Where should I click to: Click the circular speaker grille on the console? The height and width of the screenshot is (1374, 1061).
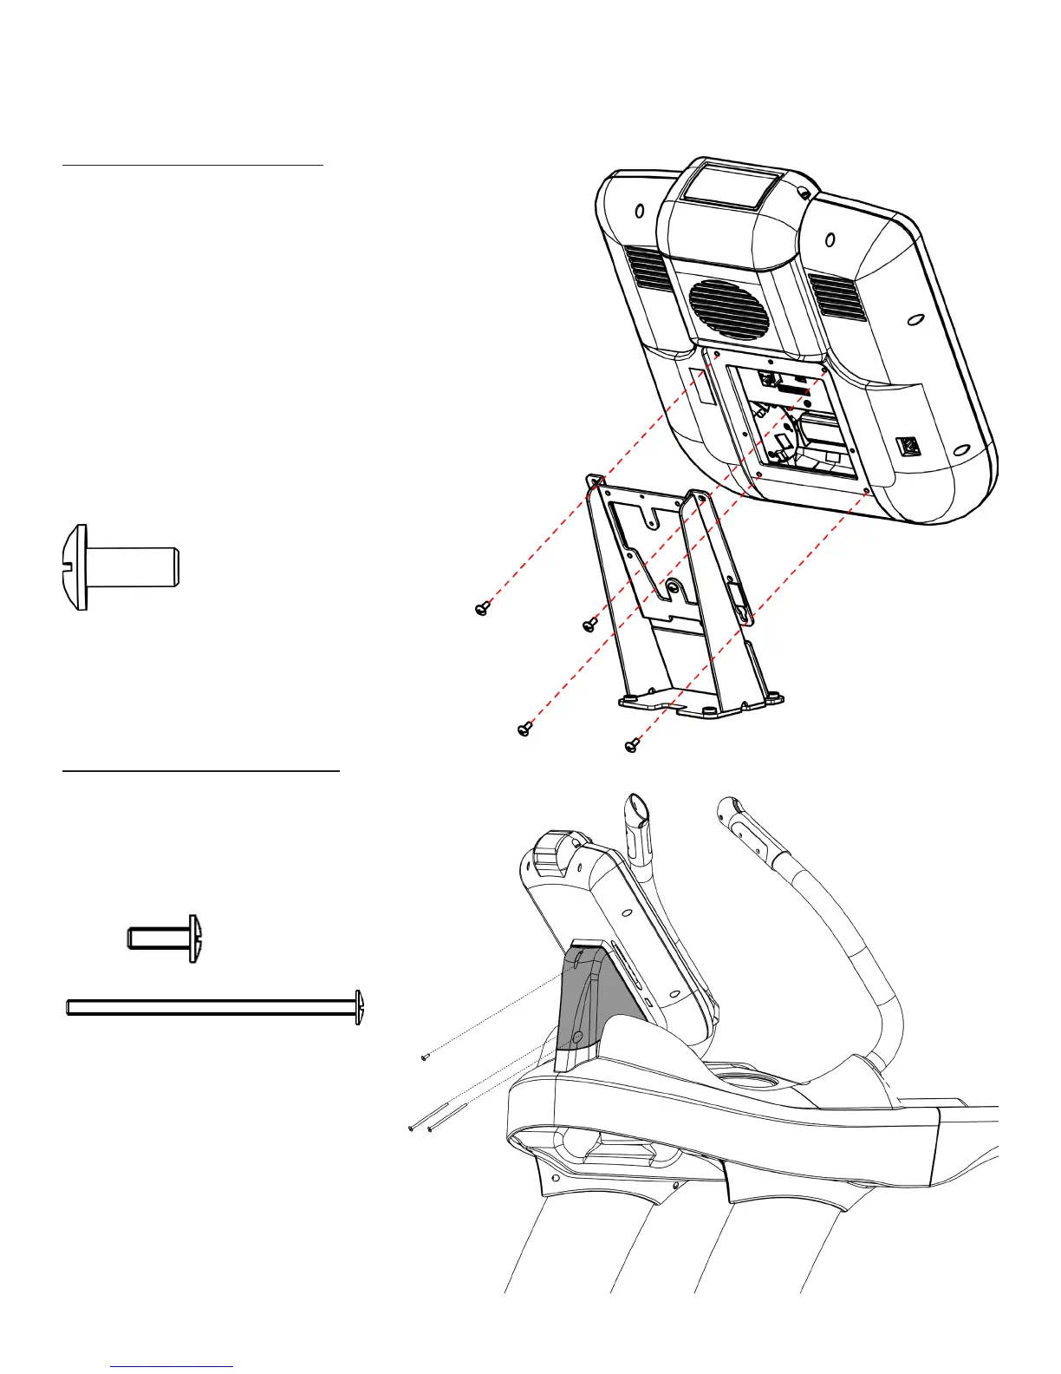pos(729,304)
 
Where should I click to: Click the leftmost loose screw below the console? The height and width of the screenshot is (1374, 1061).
pos(483,609)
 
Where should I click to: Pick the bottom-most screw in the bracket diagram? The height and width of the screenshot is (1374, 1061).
pos(632,745)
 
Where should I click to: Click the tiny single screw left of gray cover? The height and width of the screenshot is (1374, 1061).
pos(425,1057)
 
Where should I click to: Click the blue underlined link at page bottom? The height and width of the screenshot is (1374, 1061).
pos(172,1366)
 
